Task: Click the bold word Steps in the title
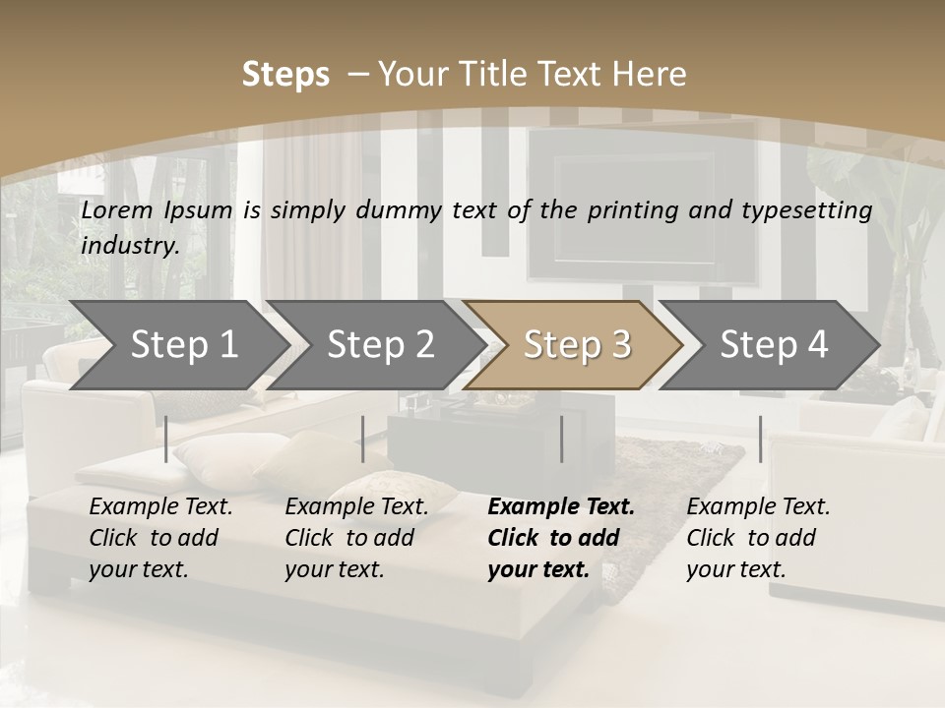285,75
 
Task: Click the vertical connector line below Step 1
166,439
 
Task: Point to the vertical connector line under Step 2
363,439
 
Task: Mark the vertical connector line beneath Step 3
562,439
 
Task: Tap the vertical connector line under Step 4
760,439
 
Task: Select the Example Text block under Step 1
161,538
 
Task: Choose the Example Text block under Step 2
356,538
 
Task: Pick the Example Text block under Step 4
758,538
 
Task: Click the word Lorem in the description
117,209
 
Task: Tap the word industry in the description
129,245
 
